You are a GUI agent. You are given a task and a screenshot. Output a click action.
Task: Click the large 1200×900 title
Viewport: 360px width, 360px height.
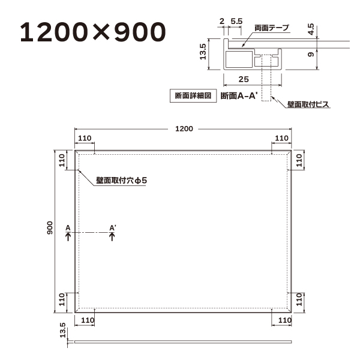pos(92,32)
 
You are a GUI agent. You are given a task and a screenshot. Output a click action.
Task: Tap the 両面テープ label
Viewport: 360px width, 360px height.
pos(271,28)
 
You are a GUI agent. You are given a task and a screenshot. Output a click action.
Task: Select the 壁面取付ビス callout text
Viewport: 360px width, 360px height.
pos(308,104)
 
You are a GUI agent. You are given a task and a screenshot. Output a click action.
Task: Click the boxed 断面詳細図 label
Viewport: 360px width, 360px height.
pos(193,96)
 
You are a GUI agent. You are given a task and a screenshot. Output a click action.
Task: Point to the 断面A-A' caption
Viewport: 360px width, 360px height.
pos(239,96)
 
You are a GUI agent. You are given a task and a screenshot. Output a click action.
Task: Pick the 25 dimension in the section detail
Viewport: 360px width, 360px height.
pos(243,79)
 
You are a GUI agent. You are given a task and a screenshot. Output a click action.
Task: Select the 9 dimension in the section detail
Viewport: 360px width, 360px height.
pos(311,55)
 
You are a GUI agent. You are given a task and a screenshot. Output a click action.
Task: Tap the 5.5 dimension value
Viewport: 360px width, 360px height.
pos(236,21)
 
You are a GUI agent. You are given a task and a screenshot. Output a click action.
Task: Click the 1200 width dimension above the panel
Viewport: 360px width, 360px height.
pos(184,128)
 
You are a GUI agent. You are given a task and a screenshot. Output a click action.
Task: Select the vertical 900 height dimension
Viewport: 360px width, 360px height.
pos(52,229)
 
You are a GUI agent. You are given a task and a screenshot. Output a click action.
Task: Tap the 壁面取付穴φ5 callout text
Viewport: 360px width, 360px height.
pos(121,181)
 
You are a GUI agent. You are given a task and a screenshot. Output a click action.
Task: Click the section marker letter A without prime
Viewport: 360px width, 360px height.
pos(68,227)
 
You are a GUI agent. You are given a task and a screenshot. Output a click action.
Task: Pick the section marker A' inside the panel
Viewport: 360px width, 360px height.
pos(112,227)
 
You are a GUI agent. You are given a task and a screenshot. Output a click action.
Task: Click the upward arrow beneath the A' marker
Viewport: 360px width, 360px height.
pos(112,236)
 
